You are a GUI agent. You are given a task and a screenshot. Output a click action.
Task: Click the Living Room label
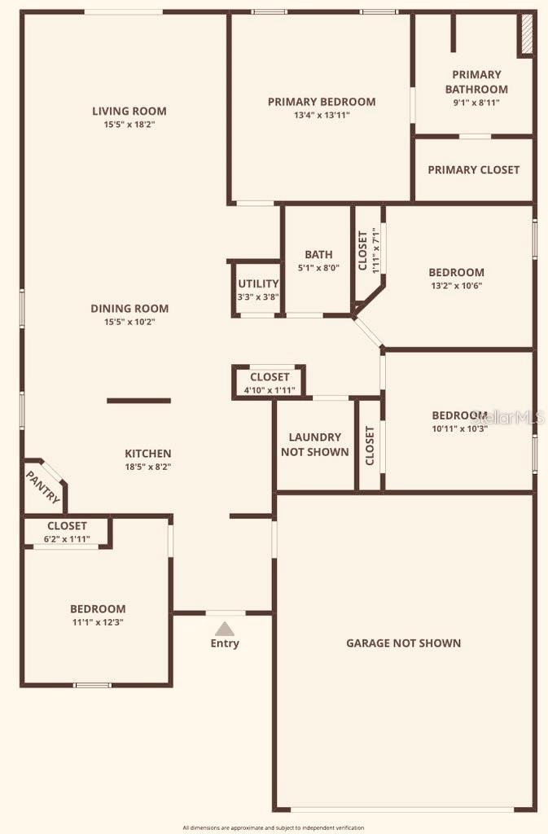129,112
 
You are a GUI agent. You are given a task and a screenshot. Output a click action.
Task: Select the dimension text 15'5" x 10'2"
129,322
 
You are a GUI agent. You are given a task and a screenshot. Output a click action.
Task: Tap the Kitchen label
147,454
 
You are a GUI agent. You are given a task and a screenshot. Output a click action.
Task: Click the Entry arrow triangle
225,629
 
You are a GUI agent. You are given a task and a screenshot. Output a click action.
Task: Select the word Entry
225,643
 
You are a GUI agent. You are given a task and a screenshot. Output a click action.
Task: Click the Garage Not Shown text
403,643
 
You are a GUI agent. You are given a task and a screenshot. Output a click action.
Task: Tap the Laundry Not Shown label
314,445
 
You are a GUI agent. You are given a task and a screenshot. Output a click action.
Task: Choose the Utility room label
258,283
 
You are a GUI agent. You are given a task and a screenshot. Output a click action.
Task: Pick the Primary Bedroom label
322,102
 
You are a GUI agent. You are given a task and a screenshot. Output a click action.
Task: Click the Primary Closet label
473,169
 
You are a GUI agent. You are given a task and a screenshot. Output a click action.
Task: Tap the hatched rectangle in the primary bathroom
526,33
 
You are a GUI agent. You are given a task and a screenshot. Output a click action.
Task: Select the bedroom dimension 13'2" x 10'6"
456,286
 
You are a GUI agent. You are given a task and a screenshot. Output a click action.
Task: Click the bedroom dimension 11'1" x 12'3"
98,621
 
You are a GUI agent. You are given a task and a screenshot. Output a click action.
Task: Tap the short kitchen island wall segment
138,401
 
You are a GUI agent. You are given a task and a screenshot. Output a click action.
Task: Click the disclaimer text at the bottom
274,827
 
